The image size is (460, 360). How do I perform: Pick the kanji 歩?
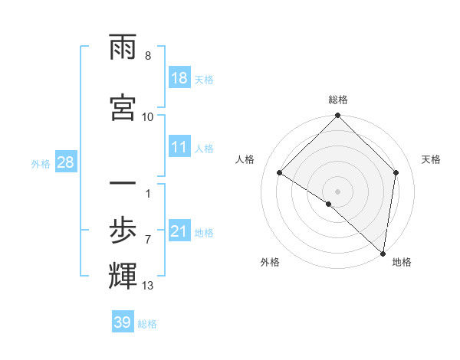123,229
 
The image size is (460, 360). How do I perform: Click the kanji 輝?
123,275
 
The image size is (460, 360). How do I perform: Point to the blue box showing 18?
179,78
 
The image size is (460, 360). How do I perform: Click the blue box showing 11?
179,148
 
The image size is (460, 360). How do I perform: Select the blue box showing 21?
179,231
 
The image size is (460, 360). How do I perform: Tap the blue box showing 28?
65,162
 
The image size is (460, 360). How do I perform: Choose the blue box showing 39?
123,322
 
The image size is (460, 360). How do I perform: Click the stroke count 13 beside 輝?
148,286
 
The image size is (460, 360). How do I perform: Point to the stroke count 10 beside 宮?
148,117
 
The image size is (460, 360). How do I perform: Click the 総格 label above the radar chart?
337,100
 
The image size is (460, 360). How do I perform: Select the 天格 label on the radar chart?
431,159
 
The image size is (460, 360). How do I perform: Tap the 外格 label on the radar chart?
270,262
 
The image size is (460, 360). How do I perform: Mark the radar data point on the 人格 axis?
280,172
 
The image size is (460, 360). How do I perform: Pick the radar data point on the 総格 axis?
337,116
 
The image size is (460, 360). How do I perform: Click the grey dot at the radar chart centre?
337,191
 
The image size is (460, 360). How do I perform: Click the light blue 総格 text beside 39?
147,324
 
